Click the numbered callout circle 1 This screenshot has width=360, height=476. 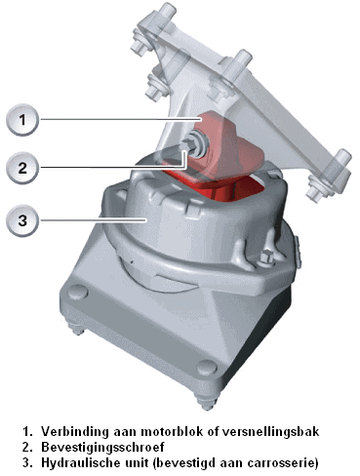pyautogui.click(x=22, y=120)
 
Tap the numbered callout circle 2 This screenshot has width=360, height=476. pyautogui.click(x=22, y=168)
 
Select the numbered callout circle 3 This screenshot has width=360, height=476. pyautogui.click(x=22, y=220)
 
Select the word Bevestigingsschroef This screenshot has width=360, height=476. pyautogui.click(x=102, y=448)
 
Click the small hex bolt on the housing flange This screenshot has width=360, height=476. pyautogui.click(x=265, y=258)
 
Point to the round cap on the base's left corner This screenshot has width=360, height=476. pyautogui.click(x=77, y=293)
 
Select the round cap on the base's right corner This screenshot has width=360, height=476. pyautogui.click(x=207, y=368)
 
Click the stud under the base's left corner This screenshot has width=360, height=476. pyautogui.click(x=77, y=329)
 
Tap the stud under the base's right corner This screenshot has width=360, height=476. pyautogui.click(x=206, y=402)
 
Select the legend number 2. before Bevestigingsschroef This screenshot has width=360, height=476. pyautogui.click(x=28, y=448)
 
